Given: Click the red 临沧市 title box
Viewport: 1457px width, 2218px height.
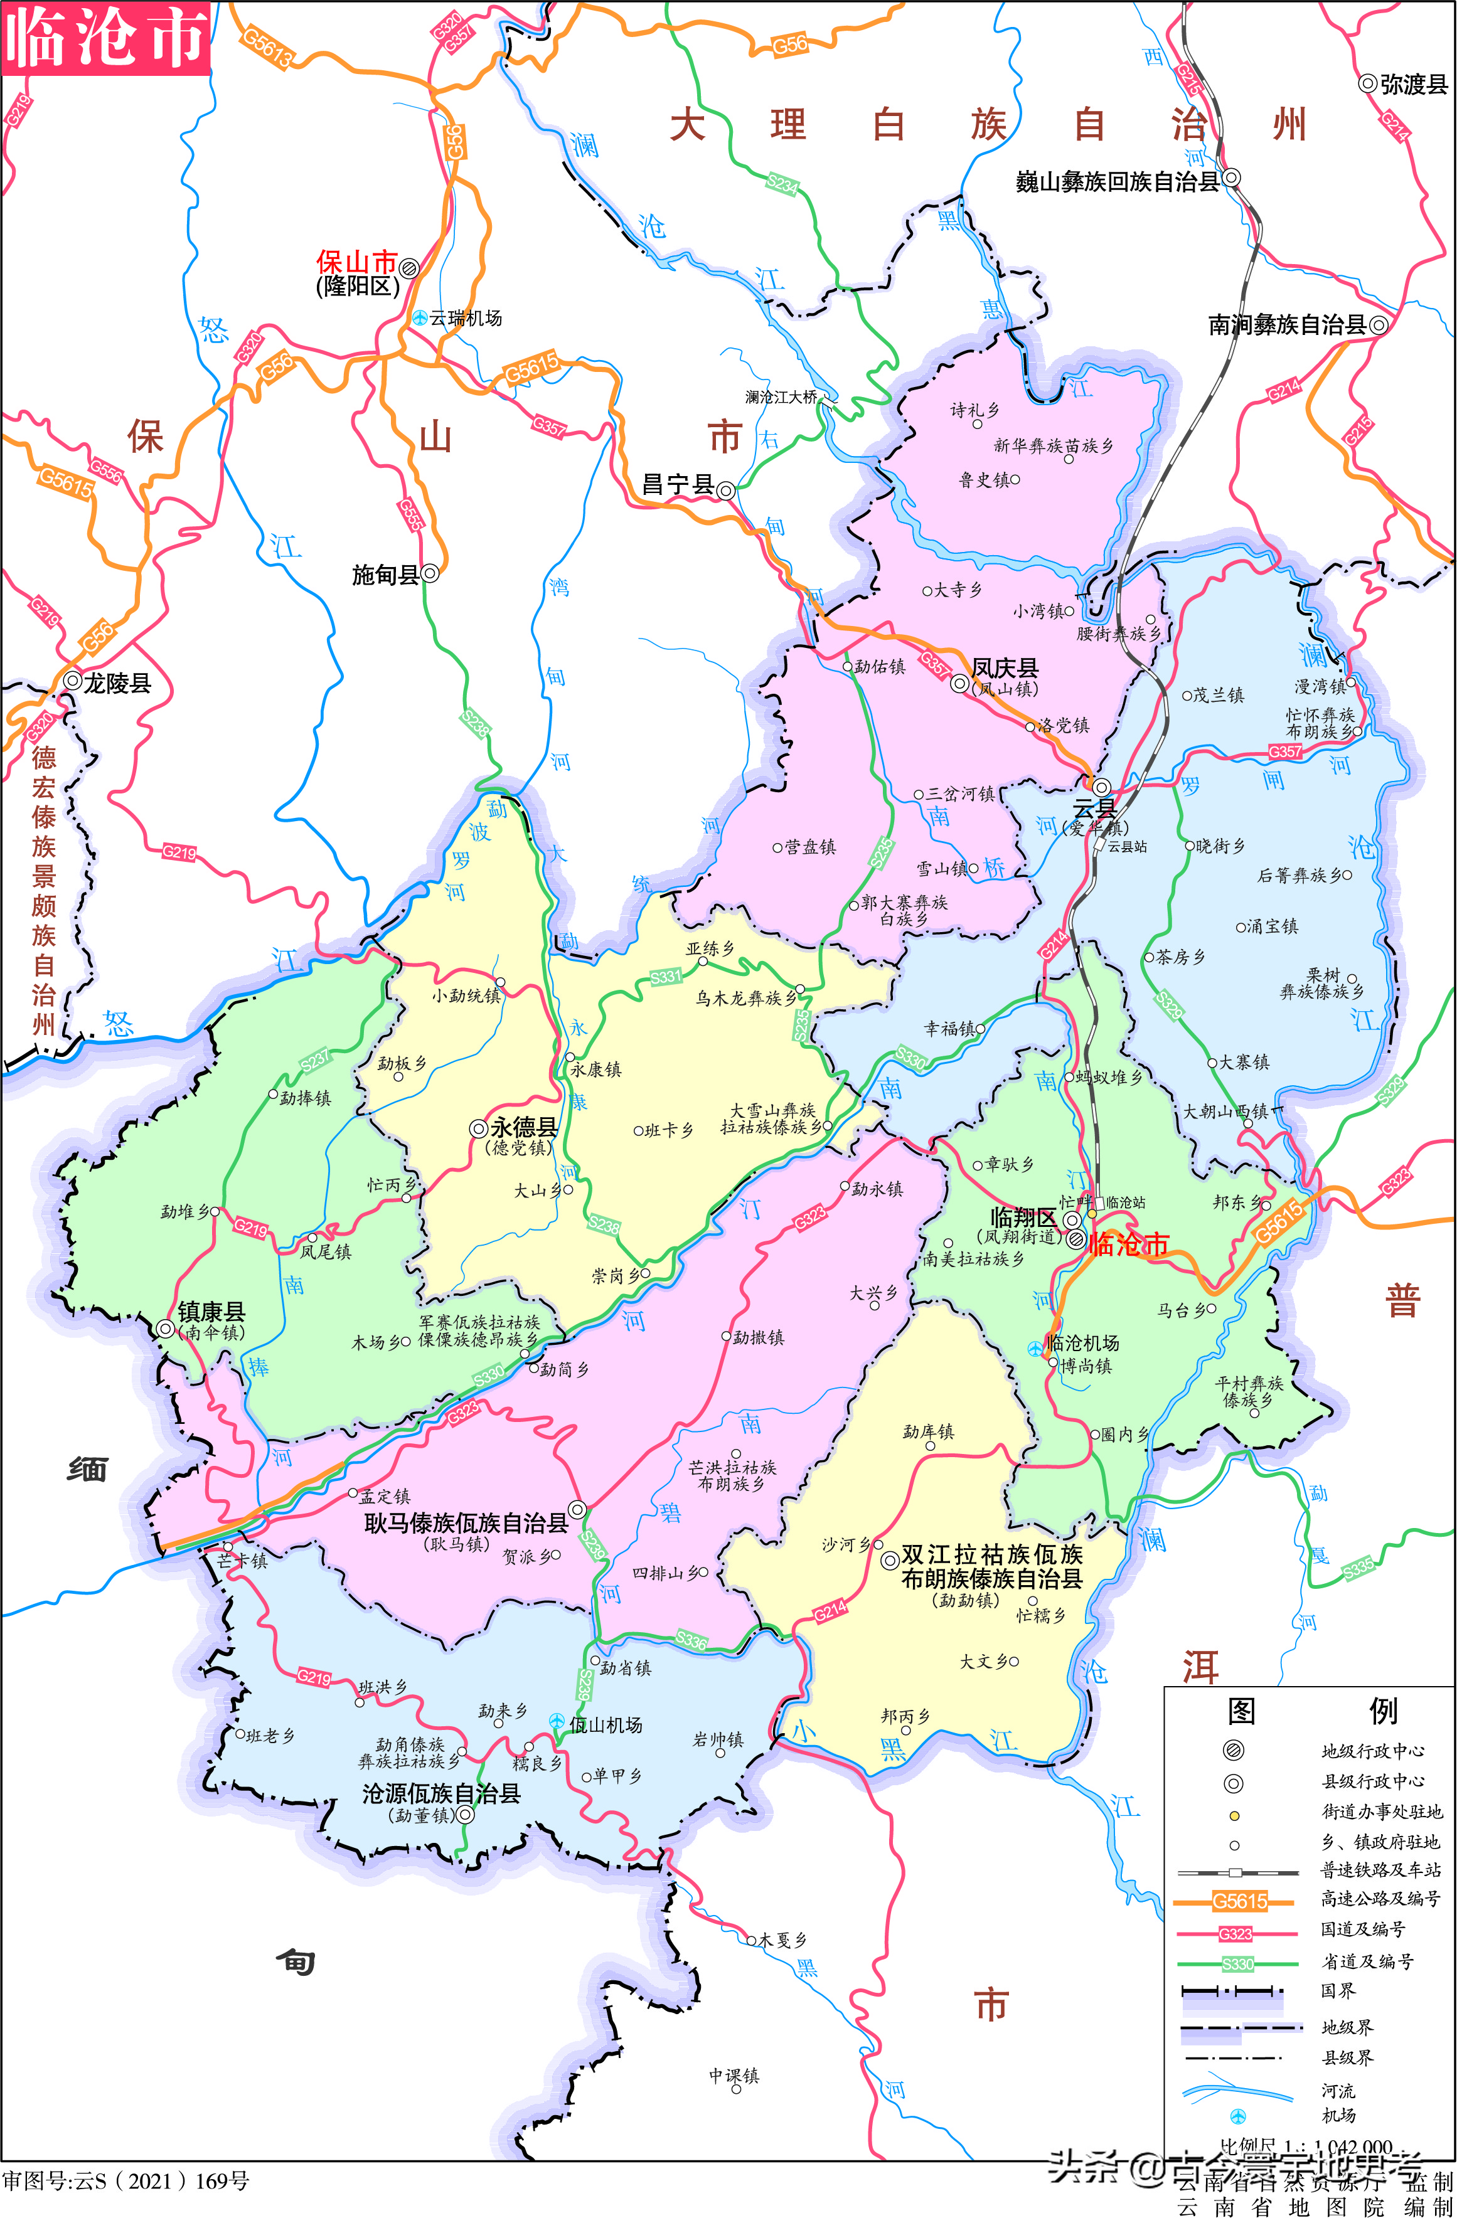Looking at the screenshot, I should click(105, 37).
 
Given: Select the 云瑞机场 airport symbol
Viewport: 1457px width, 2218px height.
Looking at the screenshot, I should click(420, 319).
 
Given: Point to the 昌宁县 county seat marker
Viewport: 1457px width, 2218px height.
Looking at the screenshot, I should click(725, 490).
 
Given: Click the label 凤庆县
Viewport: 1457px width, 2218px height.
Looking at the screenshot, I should click(1004, 668).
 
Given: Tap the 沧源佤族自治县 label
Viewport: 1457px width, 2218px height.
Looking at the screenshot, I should click(441, 1793).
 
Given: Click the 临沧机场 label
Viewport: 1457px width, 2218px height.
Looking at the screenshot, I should click(1082, 1343).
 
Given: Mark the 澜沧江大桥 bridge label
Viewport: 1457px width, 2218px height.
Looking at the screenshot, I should click(781, 397).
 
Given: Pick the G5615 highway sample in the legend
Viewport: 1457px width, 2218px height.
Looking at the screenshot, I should click(1239, 1901).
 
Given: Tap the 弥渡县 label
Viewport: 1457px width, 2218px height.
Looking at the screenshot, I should click(1413, 85).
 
